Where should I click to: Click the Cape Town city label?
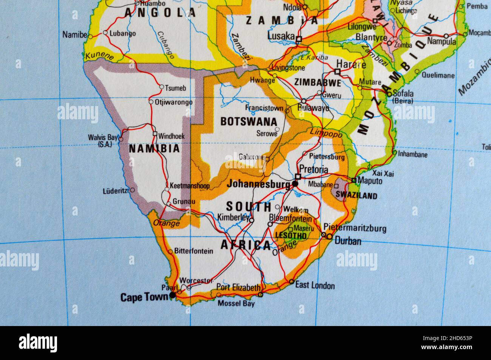pos(144,297)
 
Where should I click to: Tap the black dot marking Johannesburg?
pos(295,184)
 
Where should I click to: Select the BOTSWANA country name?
pos(249,122)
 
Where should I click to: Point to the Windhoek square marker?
pos(155,134)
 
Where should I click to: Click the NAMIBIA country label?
pos(154,149)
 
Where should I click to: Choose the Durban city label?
pos(348,241)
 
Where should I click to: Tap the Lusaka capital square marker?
pos(299,39)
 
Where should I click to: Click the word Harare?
pos(351,64)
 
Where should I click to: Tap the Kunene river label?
pos(99,57)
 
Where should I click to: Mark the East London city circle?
pos(291,282)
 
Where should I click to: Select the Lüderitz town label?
pos(115,191)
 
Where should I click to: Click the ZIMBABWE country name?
pos(317,82)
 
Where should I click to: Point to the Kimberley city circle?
pos(252,220)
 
